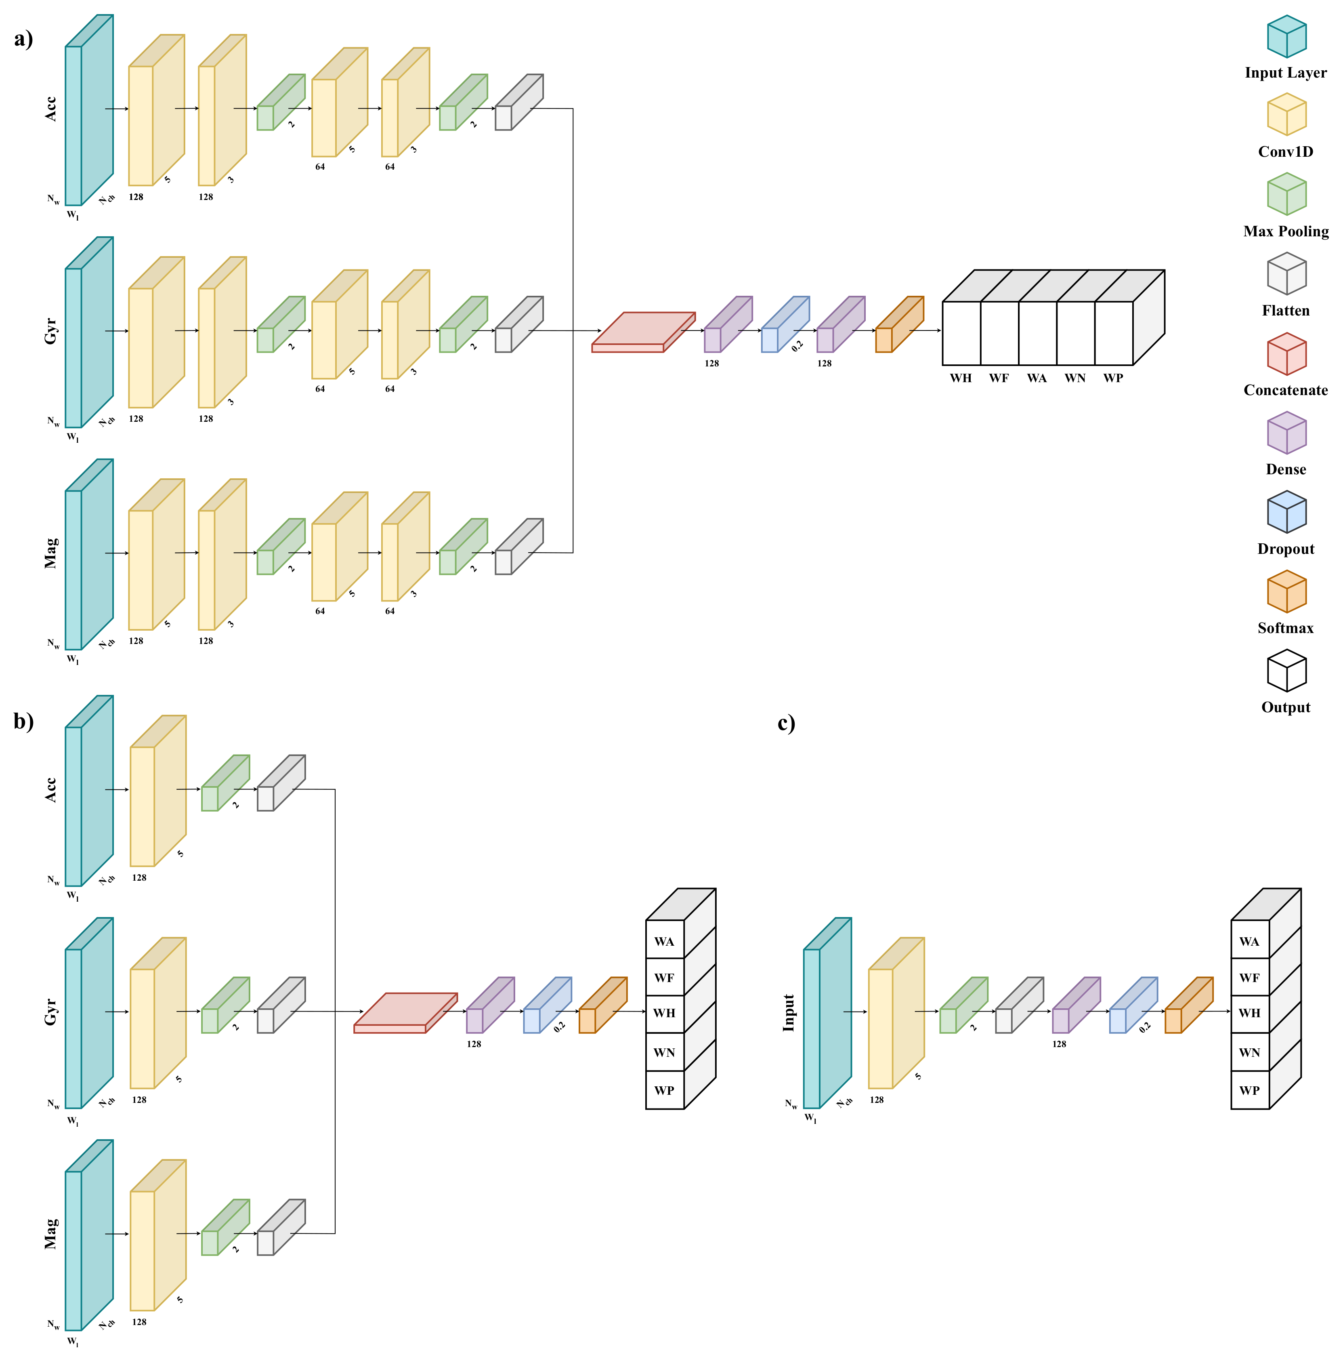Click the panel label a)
[x=23, y=39]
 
